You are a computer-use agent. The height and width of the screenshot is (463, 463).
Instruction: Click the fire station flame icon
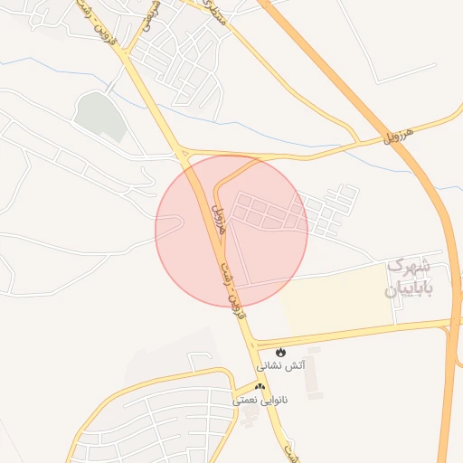pyautogui.click(x=280, y=351)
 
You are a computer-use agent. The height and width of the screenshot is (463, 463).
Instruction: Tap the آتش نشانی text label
pyautogui.click(x=281, y=366)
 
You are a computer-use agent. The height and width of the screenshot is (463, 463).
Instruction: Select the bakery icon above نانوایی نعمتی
pyautogui.click(x=260, y=385)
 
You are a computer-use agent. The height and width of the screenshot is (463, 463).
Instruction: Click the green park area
pyautogui.click(x=99, y=116)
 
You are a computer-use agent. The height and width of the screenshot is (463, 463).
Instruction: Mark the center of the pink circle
pyautogui.click(x=231, y=231)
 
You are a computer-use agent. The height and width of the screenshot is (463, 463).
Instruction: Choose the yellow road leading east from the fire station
pyautogui.click(x=362, y=332)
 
